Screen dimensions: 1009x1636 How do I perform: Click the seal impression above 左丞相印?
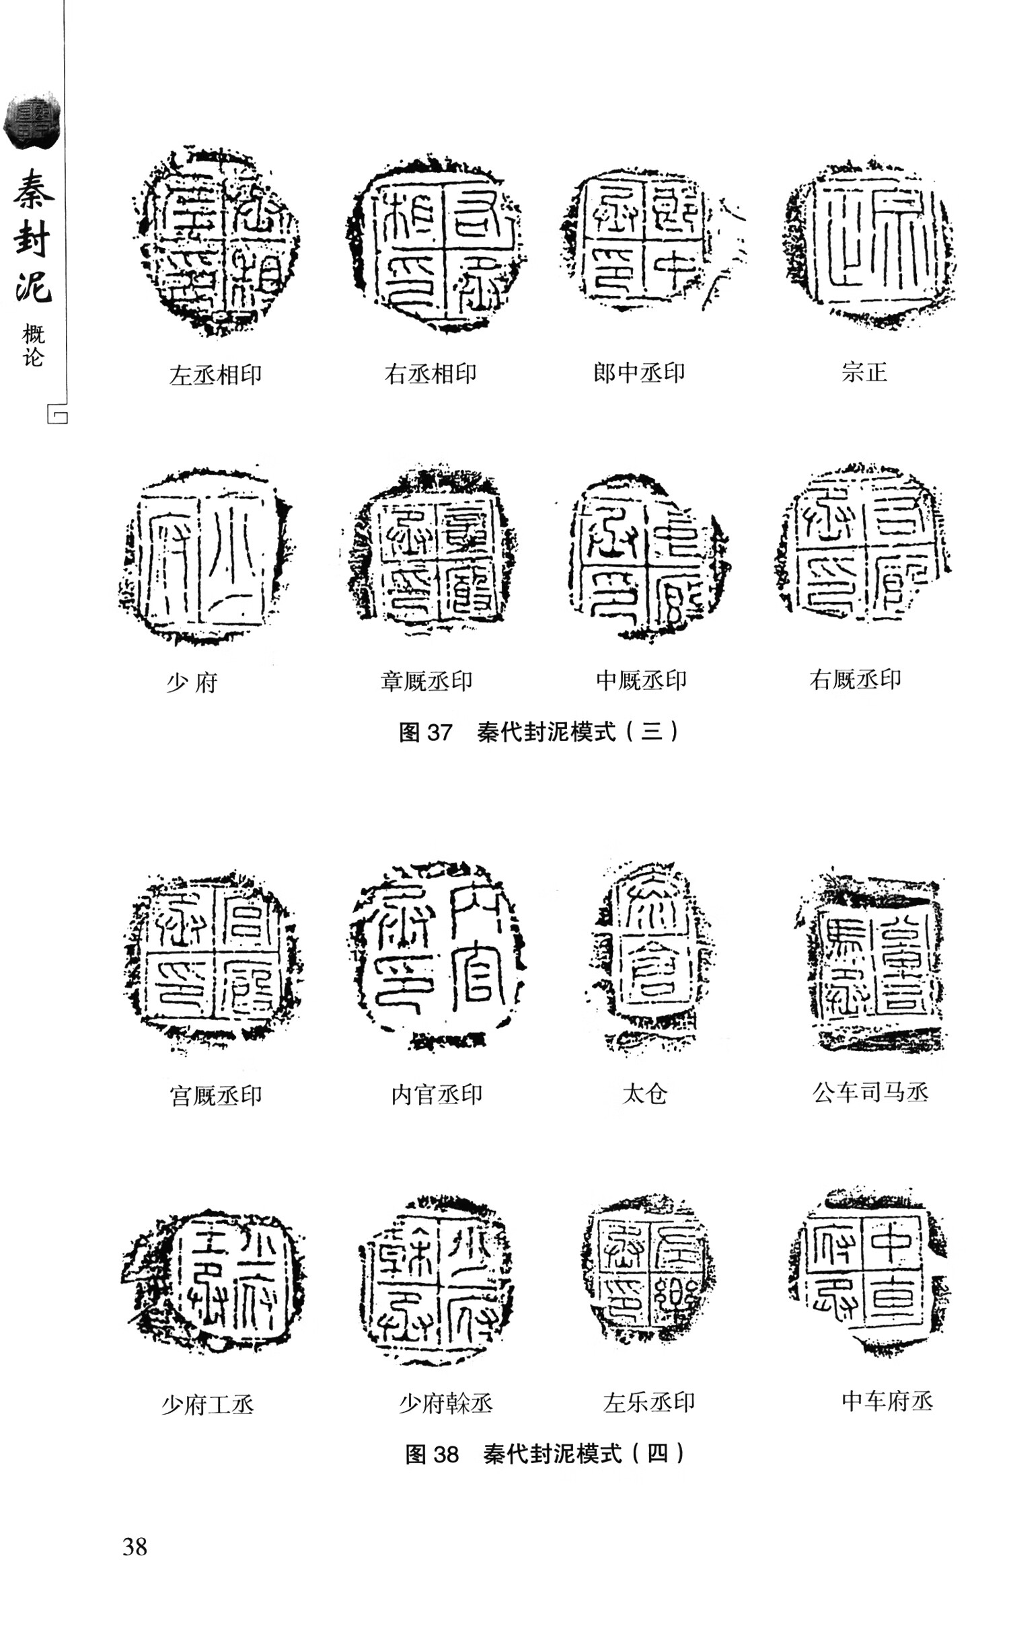coord(217,241)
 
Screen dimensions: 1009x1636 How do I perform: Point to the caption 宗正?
coord(864,372)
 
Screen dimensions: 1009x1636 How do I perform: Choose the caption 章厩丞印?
coord(426,680)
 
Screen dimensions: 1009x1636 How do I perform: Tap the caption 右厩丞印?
coord(855,679)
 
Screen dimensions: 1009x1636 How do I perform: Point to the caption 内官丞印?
coord(437,1095)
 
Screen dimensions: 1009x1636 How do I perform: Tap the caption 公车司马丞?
coord(870,1093)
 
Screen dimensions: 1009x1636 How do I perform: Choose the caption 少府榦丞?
coord(446,1403)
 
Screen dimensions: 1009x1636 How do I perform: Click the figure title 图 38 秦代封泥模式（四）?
coord(545,1454)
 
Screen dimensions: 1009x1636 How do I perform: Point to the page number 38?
coord(135,1547)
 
